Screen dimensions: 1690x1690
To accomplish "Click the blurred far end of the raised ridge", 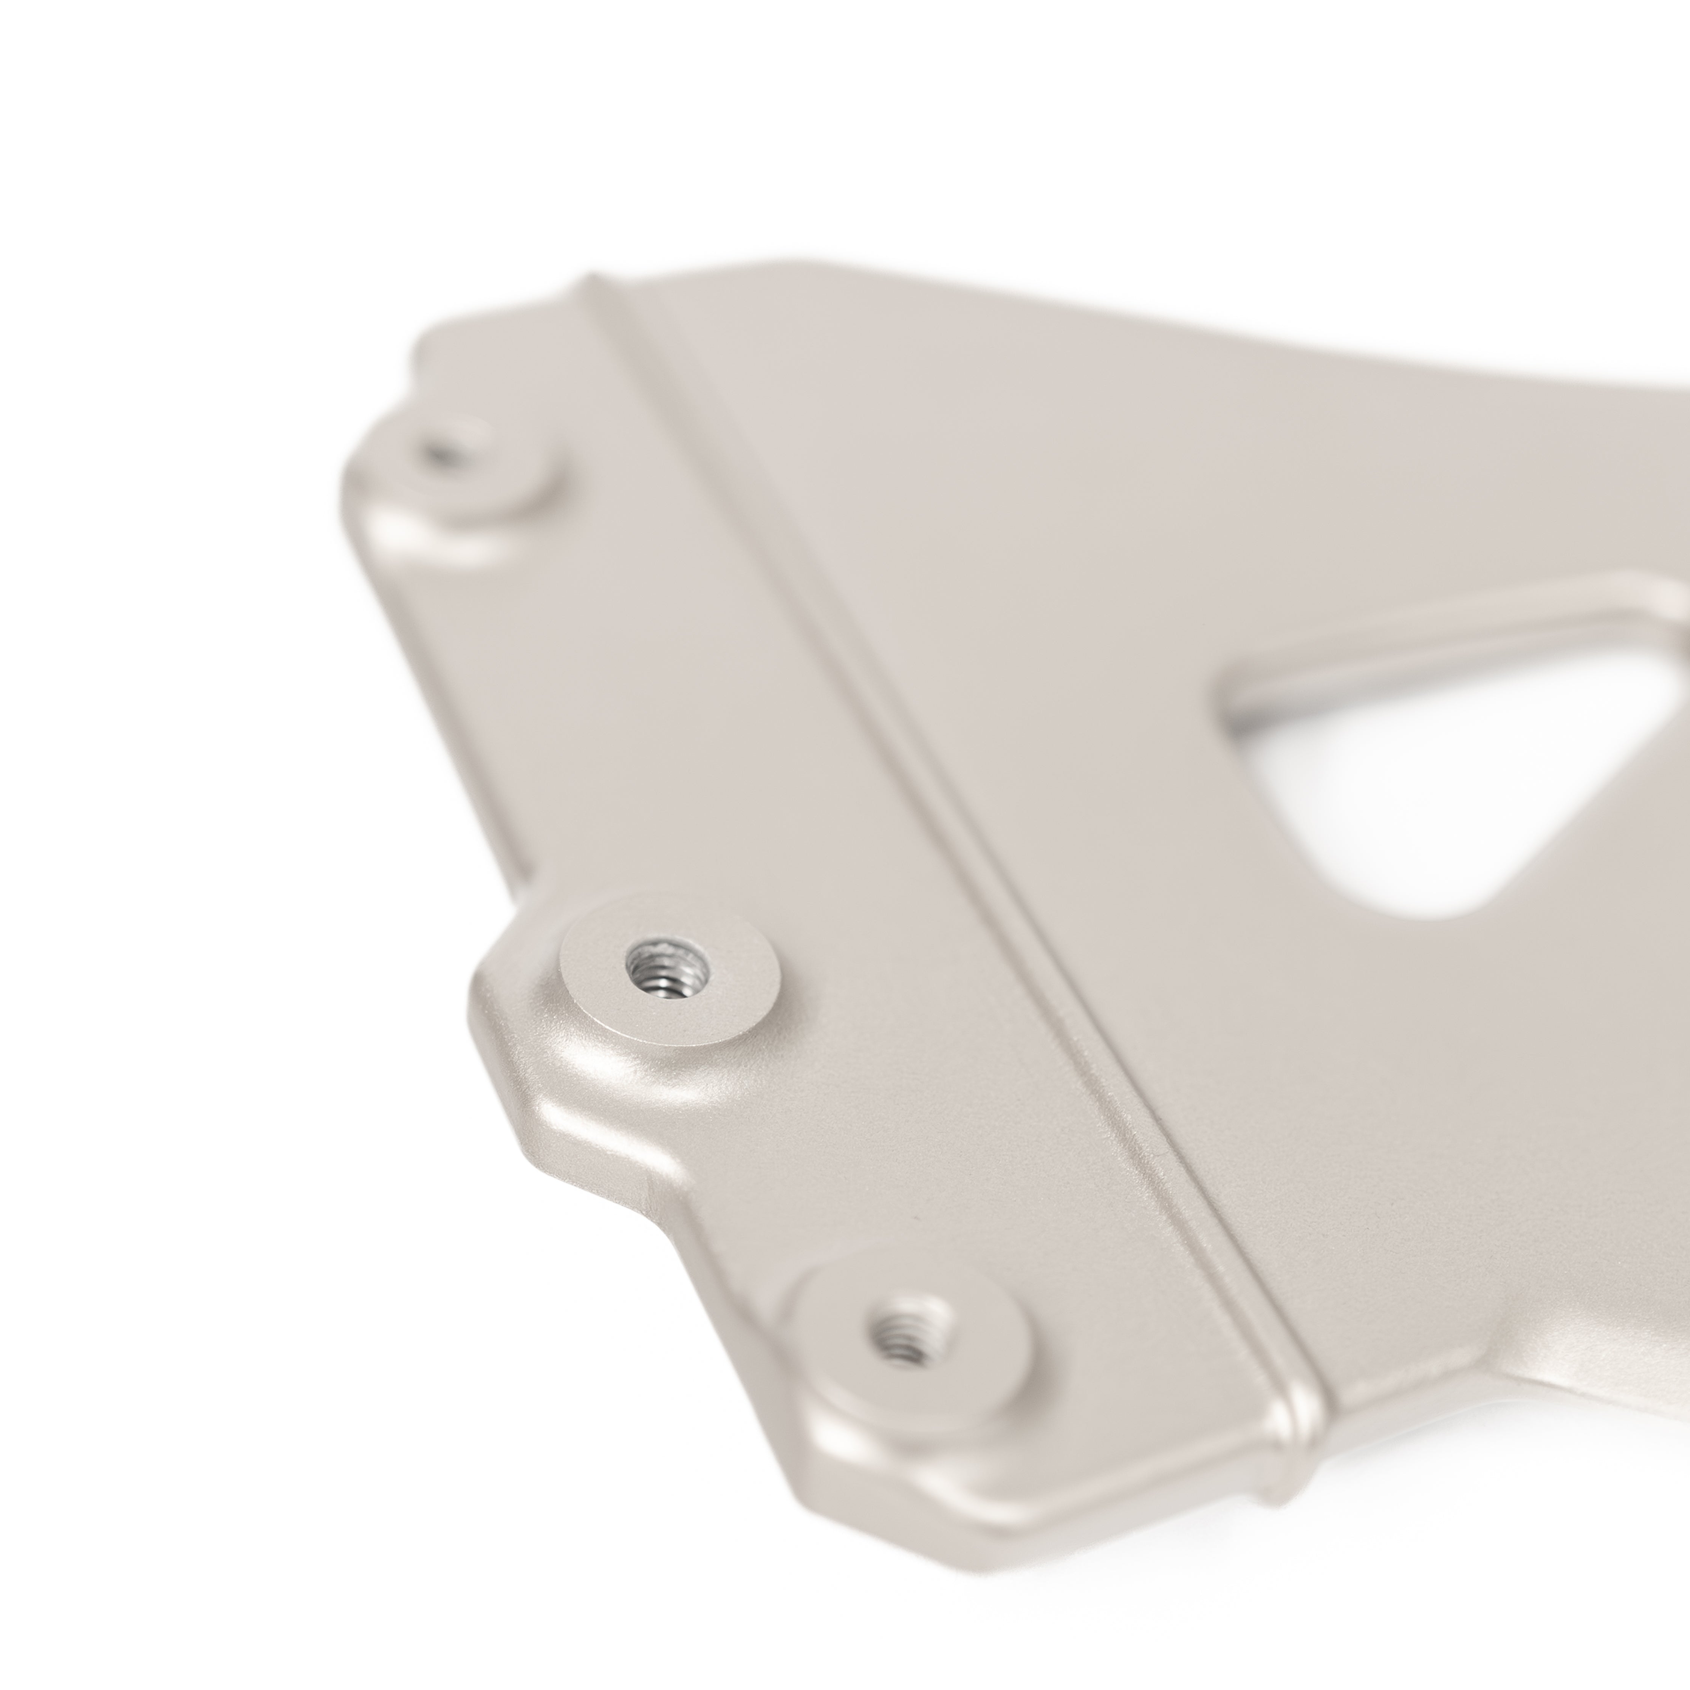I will (604, 293).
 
